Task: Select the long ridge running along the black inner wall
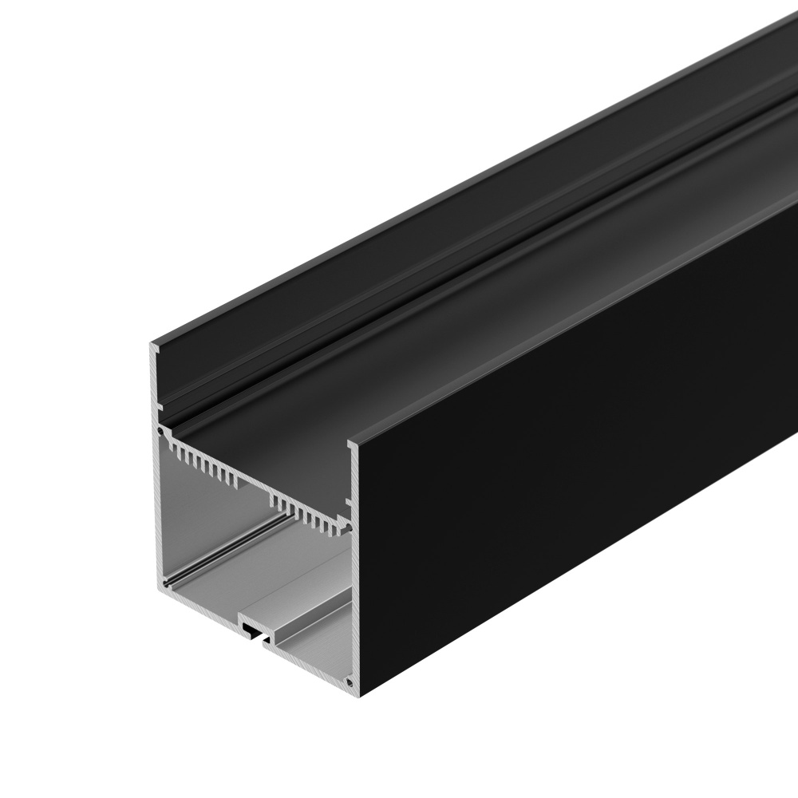(479, 223)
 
